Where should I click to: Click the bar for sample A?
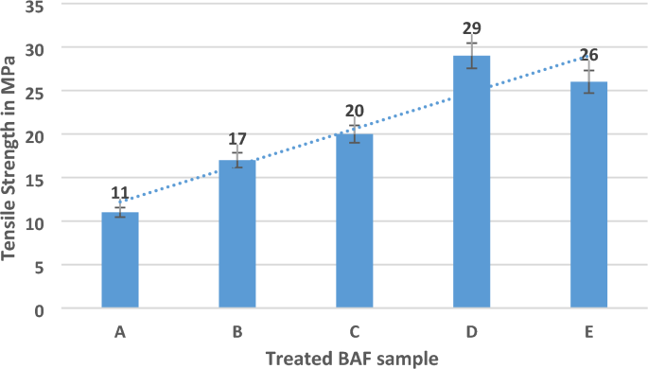[120, 260]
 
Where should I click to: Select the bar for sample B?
[237, 235]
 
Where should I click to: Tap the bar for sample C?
[355, 221]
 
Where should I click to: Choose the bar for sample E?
[588, 196]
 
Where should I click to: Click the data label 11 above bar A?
[120, 193]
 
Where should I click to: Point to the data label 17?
[237, 140]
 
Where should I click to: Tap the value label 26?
[588, 55]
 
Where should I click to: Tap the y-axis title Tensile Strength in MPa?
[12, 156]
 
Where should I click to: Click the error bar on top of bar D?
[471, 55]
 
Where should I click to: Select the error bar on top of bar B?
[237, 160]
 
